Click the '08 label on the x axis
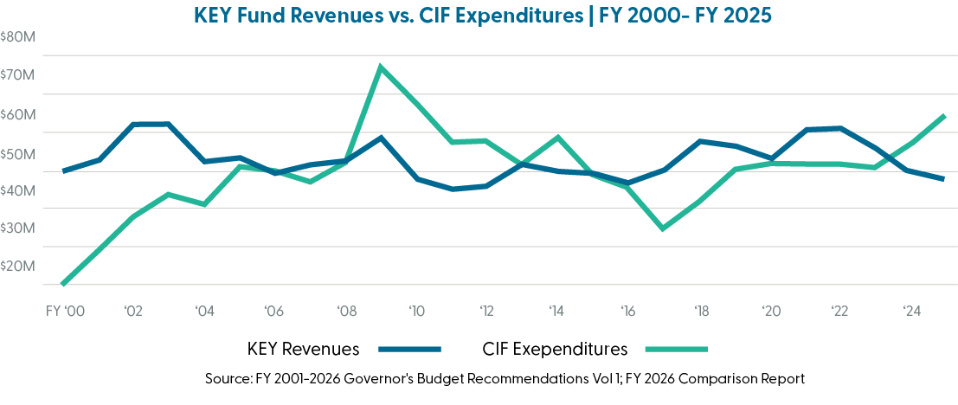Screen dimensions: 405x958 [x=344, y=310]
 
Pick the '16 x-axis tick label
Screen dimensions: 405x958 [x=628, y=310]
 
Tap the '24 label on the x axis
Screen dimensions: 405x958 [x=911, y=310]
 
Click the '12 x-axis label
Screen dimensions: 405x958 [x=486, y=310]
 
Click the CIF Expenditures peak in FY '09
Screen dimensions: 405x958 [x=380, y=66]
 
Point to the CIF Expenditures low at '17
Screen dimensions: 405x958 [x=663, y=228]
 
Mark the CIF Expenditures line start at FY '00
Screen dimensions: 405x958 [x=62, y=283]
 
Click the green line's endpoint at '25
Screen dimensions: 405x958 [x=944, y=116]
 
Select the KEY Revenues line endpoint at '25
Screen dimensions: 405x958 [x=944, y=179]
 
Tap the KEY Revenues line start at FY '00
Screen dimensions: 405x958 [x=62, y=170]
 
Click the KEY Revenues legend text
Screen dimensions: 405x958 [x=303, y=350]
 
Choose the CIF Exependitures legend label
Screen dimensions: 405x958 [x=554, y=350]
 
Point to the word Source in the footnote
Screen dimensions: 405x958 [x=227, y=379]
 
